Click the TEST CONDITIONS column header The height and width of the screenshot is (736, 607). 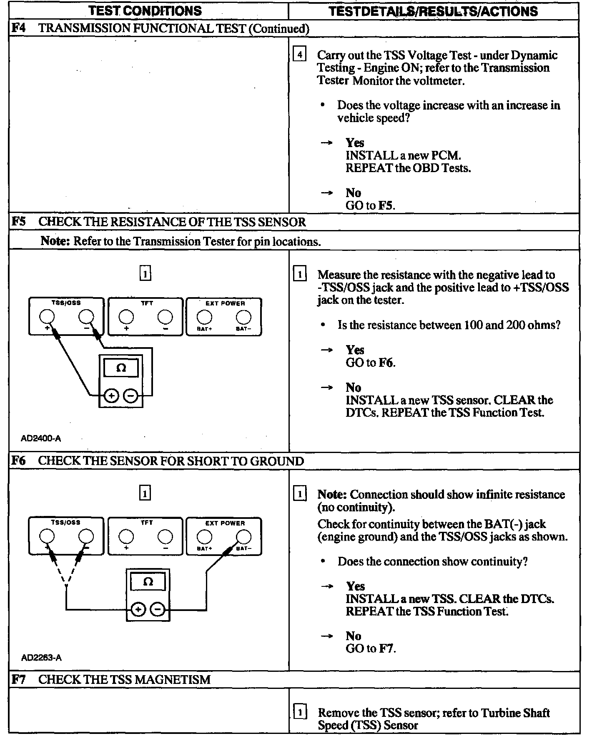[x=145, y=10]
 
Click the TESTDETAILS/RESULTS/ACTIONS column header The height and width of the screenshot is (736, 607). [x=433, y=11]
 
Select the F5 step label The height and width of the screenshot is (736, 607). [x=18, y=221]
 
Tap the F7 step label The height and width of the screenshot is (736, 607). [x=18, y=679]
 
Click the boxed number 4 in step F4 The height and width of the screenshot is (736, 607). [x=300, y=55]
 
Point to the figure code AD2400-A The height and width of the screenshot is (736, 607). [x=41, y=438]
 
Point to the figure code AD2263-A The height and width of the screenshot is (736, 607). [x=41, y=658]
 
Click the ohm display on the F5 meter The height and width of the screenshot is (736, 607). [x=121, y=368]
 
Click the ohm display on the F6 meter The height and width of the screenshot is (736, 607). [x=148, y=582]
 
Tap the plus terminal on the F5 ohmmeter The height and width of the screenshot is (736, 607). [x=111, y=396]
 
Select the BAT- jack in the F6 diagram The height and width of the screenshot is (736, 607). [x=243, y=536]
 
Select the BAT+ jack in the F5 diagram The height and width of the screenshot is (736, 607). [x=204, y=317]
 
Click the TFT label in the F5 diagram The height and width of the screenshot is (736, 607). [x=147, y=303]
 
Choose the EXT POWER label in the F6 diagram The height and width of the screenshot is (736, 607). [x=225, y=523]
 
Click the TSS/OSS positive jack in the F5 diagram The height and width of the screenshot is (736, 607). [x=47, y=317]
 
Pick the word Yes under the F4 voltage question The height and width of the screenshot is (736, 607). [x=355, y=143]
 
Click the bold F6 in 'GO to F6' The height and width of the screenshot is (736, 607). [x=386, y=363]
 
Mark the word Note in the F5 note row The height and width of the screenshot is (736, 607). [x=55, y=241]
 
